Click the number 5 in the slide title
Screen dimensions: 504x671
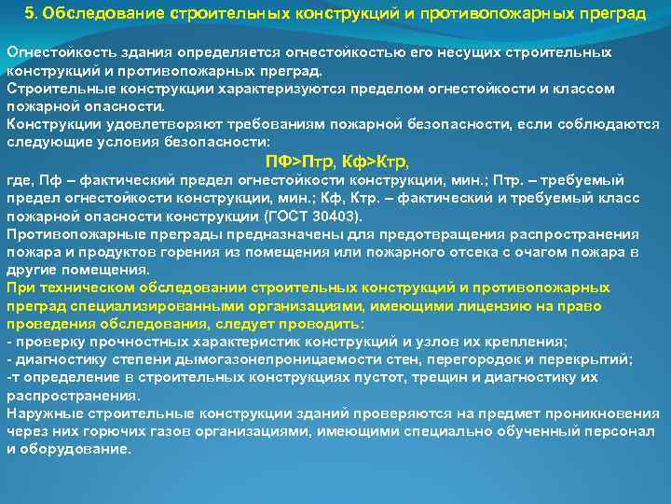pos(30,15)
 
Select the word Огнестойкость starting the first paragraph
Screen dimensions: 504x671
pos(53,52)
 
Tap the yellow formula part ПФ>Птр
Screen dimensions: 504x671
pos(305,161)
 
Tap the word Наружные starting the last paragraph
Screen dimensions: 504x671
pos(41,413)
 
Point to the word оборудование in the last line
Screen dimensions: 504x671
pos(83,449)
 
